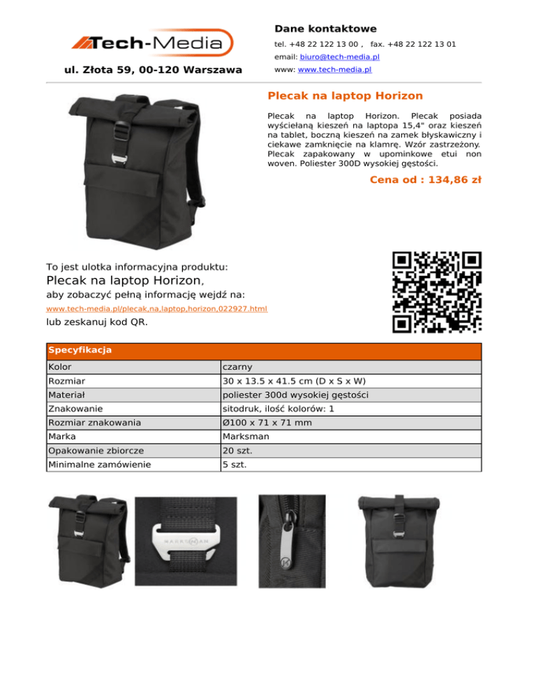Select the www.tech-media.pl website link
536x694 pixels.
[334, 70]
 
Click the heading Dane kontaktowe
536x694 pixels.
[325, 29]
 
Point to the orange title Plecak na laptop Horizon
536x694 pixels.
[345, 95]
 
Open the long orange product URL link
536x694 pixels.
[156, 309]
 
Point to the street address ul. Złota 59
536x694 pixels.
[153, 70]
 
